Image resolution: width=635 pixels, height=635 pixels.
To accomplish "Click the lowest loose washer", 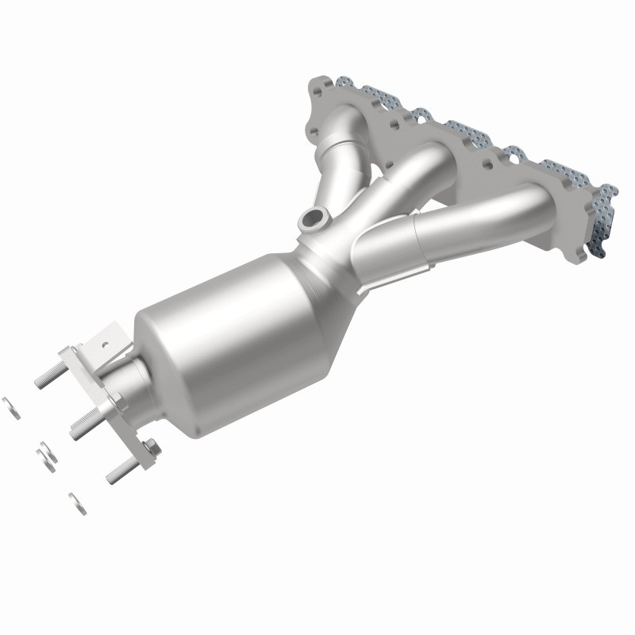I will tap(77, 502).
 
